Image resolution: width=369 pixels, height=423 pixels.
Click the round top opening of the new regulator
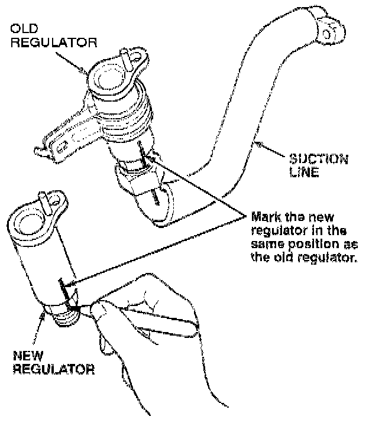pyautogui.click(x=27, y=223)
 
